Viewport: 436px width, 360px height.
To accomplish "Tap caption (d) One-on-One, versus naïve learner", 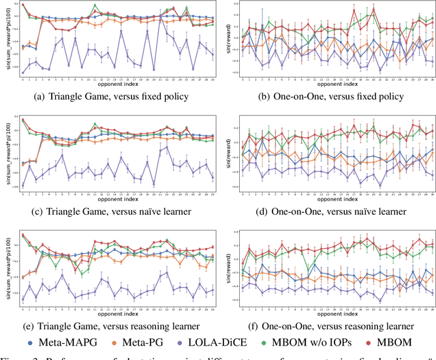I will (x=330, y=211).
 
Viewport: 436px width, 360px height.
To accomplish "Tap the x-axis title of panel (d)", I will (x=334, y=200).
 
